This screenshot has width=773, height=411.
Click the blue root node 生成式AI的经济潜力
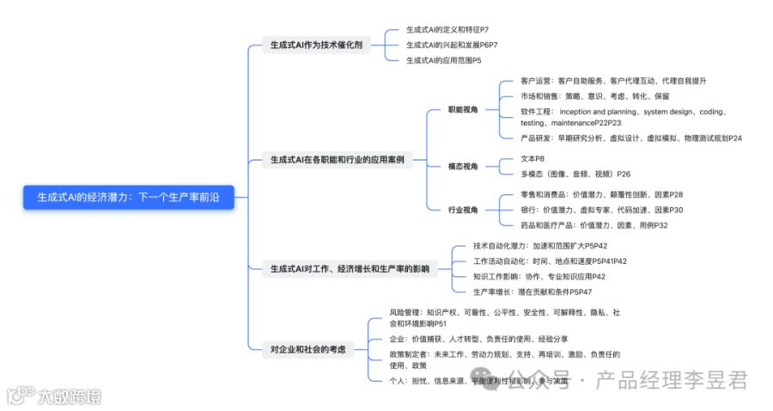click(127, 197)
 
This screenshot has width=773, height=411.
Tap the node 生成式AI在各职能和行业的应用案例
click(337, 159)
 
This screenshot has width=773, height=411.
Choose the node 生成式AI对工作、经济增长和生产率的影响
click(350, 269)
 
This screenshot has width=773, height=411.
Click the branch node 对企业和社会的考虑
click(307, 348)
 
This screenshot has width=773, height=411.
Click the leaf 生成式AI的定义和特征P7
click(447, 30)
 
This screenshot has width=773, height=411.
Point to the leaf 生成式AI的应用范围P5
click(443, 60)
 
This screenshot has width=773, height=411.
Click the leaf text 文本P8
click(533, 159)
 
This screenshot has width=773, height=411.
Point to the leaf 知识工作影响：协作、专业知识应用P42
click(539, 277)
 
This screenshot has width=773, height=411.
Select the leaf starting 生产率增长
click(532, 292)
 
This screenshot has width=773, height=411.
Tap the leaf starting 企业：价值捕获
click(478, 340)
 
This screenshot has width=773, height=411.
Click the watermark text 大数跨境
click(67, 396)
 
